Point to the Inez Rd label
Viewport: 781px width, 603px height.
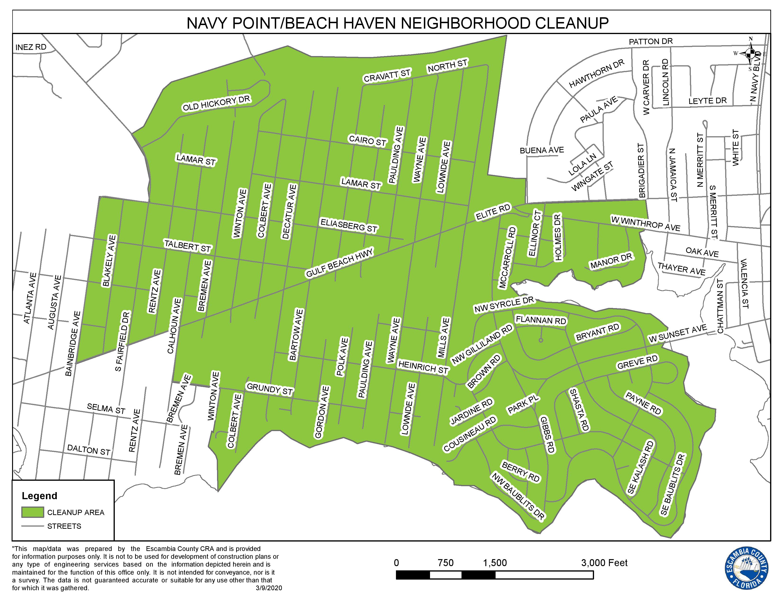(x=31, y=47)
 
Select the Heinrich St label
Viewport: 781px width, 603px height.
(x=423, y=367)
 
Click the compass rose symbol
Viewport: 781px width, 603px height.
(x=750, y=54)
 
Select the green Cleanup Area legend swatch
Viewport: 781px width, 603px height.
(x=33, y=512)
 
